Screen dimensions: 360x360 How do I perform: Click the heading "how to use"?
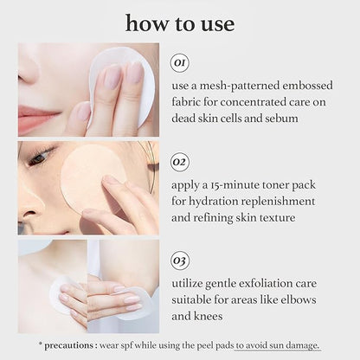coord(179,23)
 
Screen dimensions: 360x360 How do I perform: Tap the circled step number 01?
coord(180,63)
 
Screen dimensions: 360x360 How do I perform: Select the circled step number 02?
coord(180,161)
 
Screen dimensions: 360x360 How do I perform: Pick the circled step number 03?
coord(180,259)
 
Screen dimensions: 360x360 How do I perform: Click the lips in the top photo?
coord(36,115)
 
